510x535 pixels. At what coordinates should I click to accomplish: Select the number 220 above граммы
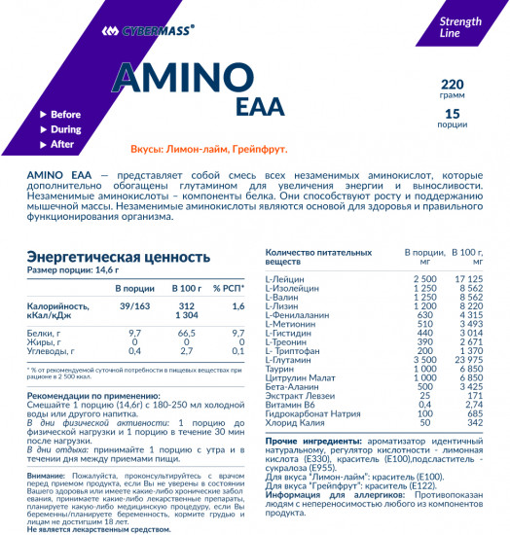coord(452,84)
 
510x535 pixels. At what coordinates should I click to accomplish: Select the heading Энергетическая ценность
coord(118,257)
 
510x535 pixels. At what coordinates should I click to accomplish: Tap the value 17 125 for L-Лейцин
coord(468,279)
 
